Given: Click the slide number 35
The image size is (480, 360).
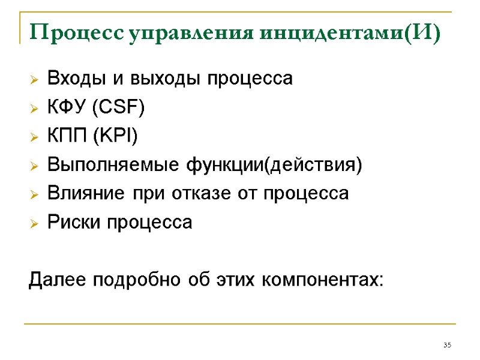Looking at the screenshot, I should point(447,345).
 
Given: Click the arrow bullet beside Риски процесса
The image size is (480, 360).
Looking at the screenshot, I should point(35,223).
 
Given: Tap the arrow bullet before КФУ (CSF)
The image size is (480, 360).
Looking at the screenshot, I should point(35,108).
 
